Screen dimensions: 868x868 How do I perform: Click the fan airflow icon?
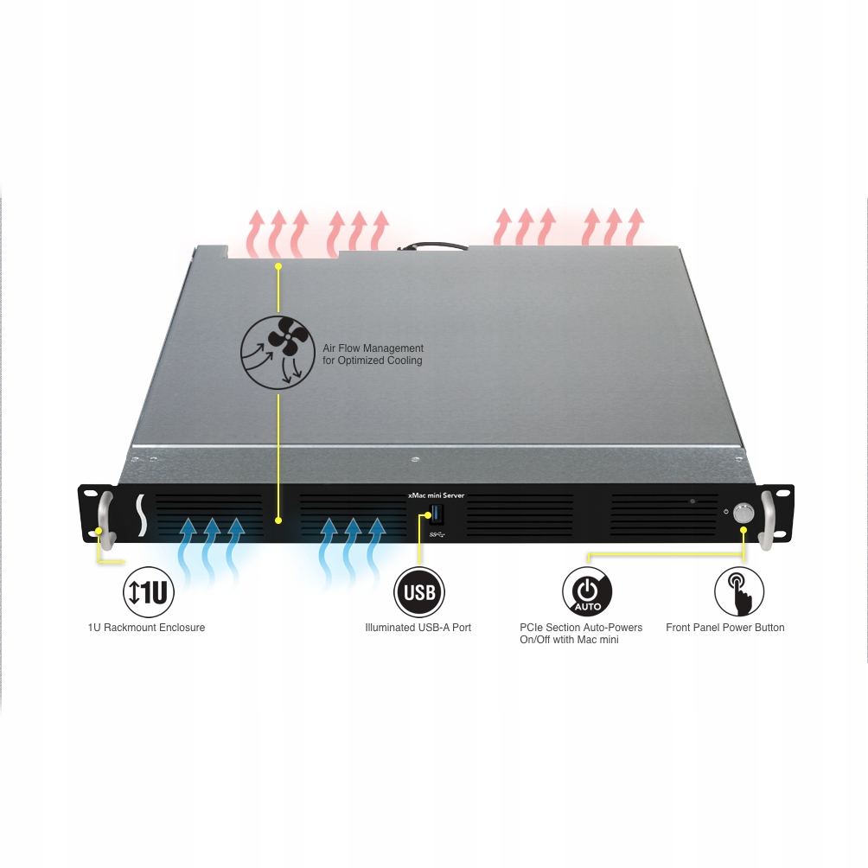click(x=277, y=349)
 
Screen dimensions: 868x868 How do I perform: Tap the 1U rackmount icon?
click(x=150, y=591)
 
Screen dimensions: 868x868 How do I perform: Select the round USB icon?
click(x=420, y=593)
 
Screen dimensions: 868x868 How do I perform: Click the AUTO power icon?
click(x=587, y=592)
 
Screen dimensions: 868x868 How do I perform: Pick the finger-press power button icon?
click(x=738, y=592)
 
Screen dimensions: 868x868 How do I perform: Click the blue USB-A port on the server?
click(x=435, y=517)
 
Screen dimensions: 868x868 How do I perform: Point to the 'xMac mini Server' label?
click(x=436, y=495)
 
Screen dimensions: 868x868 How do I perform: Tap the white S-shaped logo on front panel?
click(x=140, y=516)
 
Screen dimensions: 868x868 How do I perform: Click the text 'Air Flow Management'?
click(x=373, y=348)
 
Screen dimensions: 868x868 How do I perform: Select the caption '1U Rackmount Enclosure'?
click(x=146, y=627)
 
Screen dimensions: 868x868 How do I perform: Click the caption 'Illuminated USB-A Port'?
click(x=418, y=627)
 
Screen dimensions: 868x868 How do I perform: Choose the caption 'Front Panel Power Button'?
click(x=724, y=627)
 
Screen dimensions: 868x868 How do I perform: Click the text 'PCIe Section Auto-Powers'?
click(x=581, y=627)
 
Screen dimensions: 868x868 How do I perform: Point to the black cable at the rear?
click(x=432, y=247)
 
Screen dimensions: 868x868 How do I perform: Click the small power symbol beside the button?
click(x=725, y=513)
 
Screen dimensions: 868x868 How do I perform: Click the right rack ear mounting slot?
click(x=782, y=492)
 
